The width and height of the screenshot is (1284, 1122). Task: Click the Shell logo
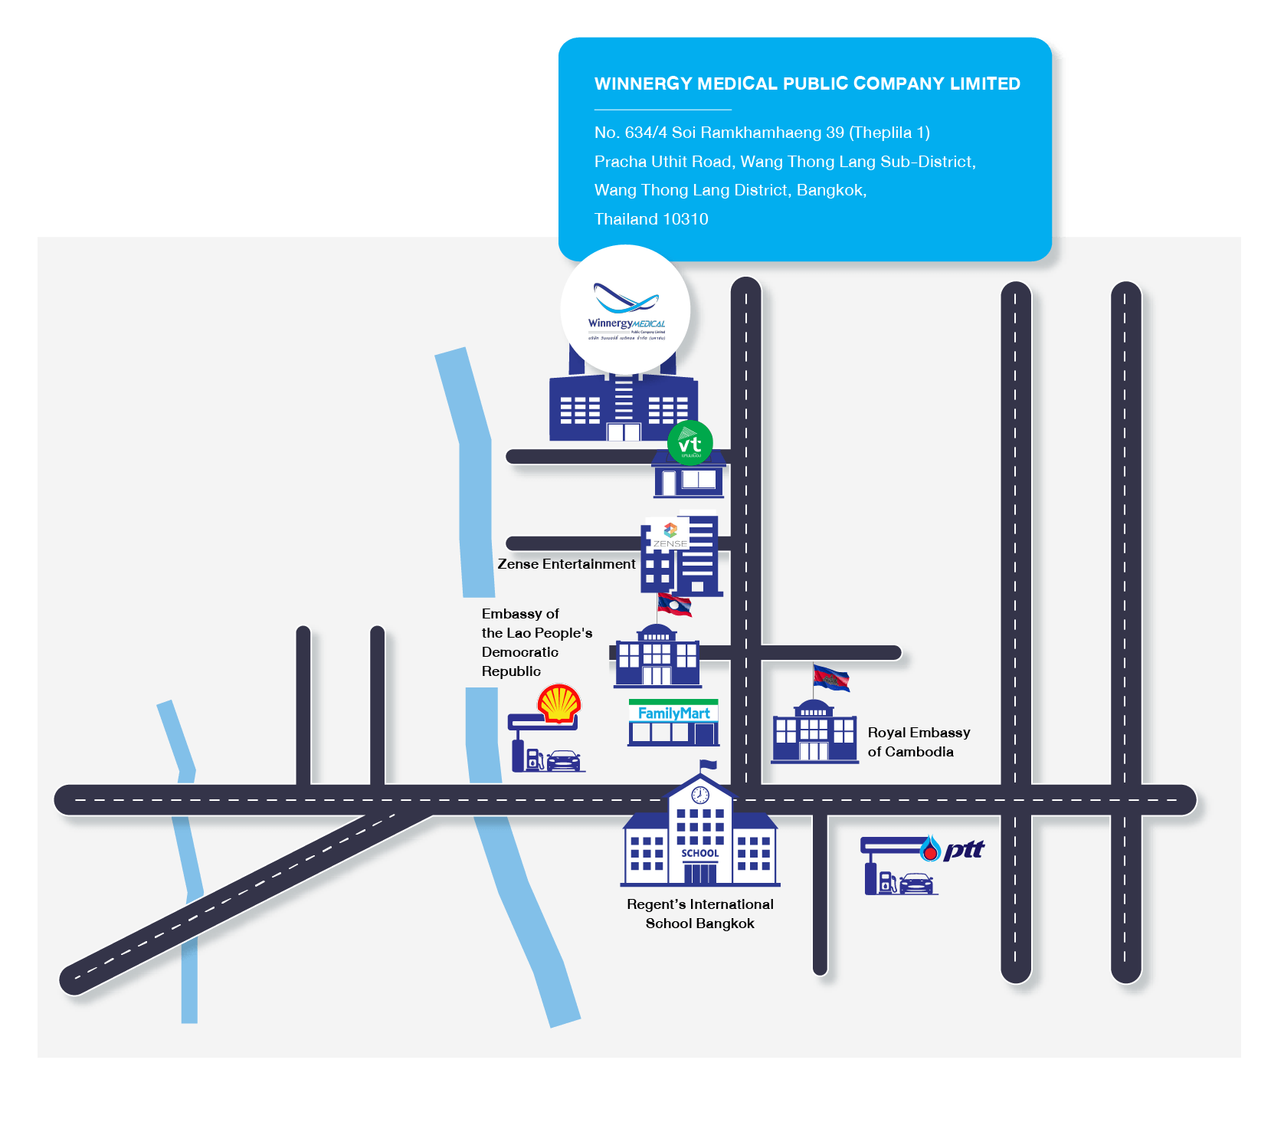coord(559,704)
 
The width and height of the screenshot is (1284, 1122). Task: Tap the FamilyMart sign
coord(673,714)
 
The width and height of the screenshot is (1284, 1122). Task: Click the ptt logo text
coord(963,849)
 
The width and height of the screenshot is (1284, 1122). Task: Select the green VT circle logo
coord(689,443)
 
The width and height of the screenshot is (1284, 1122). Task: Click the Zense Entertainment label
coord(566,564)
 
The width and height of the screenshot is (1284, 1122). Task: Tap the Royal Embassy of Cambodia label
coord(918,742)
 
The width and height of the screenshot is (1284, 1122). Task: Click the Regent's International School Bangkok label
coord(699,914)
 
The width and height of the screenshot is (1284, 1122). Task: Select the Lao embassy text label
coord(536,642)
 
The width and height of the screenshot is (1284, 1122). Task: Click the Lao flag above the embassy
coord(675,605)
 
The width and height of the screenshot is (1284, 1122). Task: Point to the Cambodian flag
coord(831,678)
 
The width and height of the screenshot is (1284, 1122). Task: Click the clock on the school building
coord(699,794)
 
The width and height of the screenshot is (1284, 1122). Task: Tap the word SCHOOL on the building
coord(699,853)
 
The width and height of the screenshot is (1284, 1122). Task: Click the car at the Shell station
coord(564,760)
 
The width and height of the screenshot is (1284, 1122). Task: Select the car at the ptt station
coord(916,884)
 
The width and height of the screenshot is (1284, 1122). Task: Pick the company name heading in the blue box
coord(807,84)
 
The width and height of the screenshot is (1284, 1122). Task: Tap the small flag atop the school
coord(708,765)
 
